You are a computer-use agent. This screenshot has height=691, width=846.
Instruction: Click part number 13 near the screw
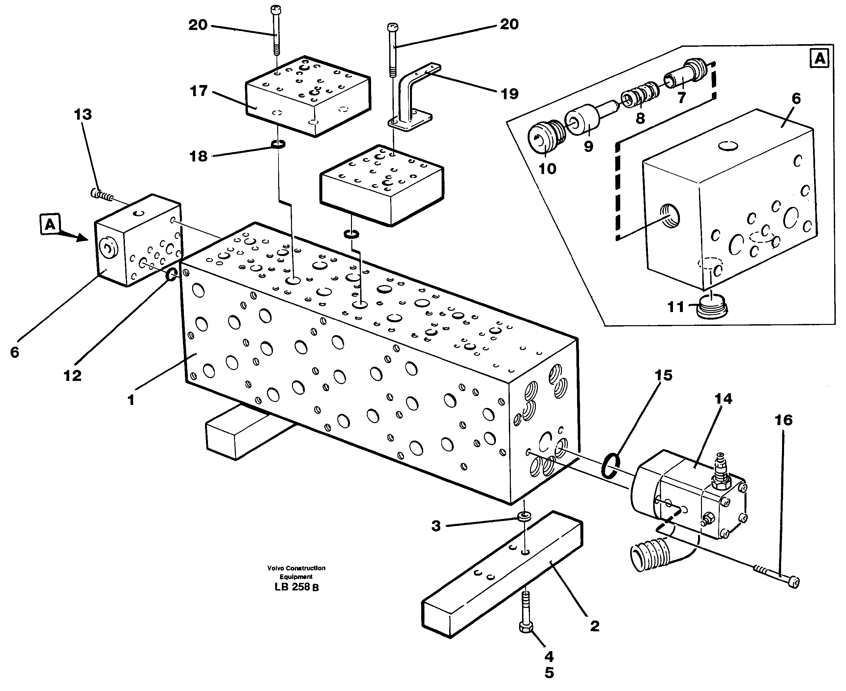83,115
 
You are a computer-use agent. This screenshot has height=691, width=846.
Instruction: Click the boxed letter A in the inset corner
820,59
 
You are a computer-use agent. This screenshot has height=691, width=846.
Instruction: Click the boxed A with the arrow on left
50,224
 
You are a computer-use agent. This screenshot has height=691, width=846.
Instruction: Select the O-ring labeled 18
278,144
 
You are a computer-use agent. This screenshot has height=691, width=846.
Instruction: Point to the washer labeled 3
524,517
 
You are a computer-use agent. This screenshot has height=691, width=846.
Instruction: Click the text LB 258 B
296,587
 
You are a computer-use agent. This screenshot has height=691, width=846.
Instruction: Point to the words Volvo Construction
296,568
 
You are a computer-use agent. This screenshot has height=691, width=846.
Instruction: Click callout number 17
199,91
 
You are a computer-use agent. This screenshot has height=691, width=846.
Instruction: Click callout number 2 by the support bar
595,626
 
